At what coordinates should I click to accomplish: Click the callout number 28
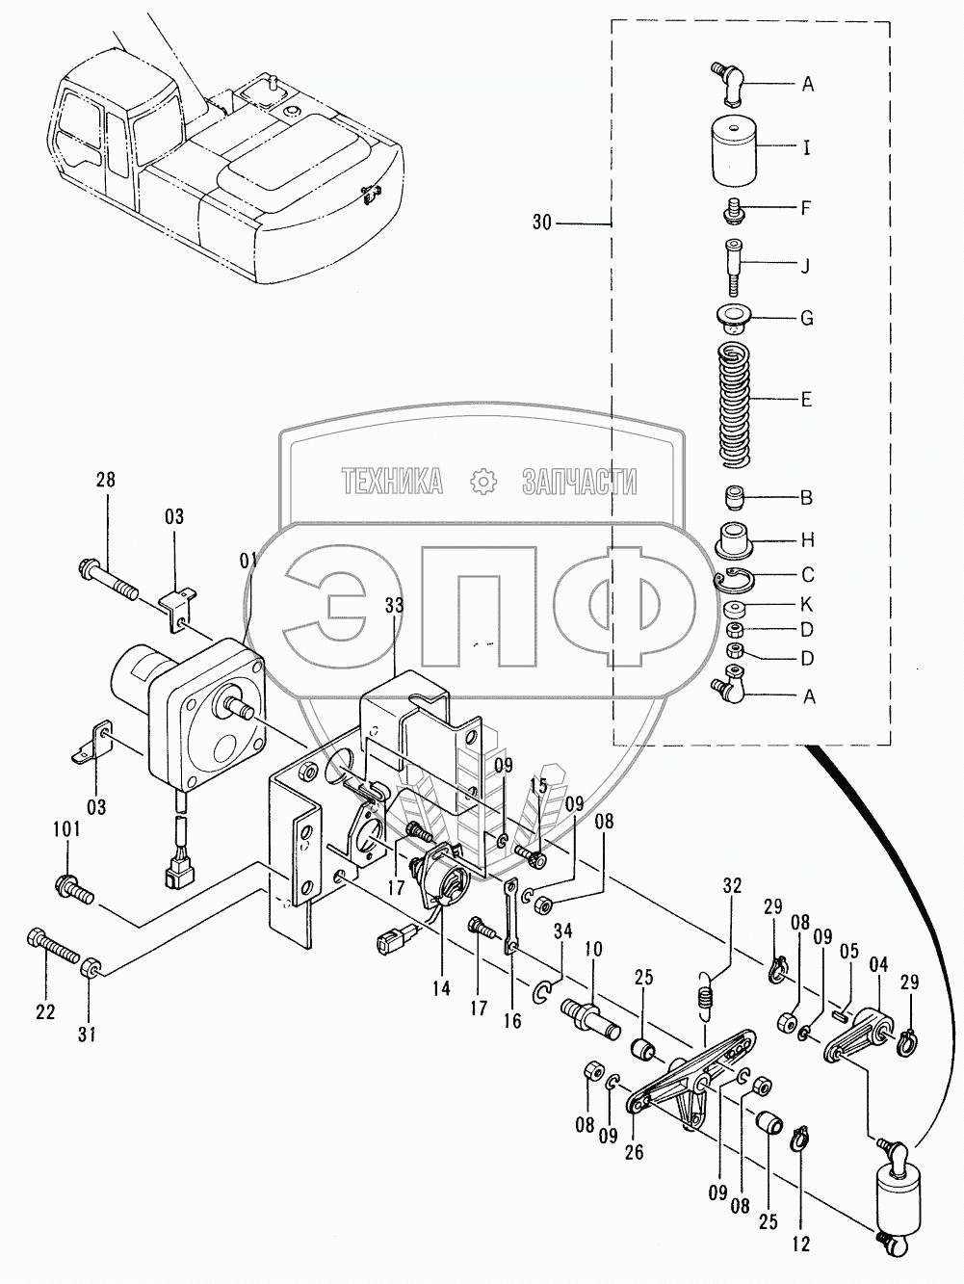pyautogui.click(x=105, y=480)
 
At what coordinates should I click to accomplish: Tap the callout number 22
pyautogui.click(x=46, y=1010)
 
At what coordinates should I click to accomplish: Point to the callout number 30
pyautogui.click(x=543, y=223)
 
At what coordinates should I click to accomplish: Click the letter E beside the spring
pyautogui.click(x=807, y=398)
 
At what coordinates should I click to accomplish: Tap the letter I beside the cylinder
pyautogui.click(x=807, y=148)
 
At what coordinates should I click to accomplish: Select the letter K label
pyautogui.click(x=807, y=605)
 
